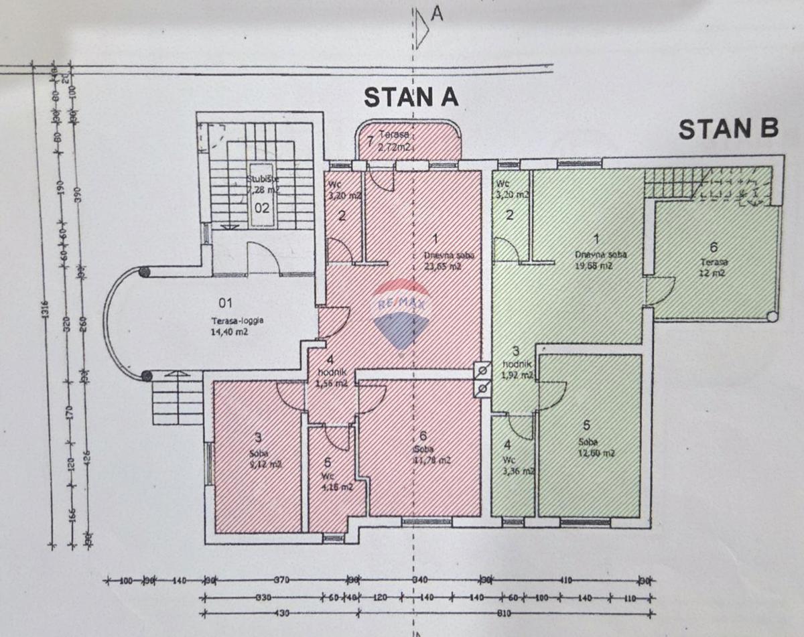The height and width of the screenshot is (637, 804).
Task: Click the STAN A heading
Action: click(411, 97)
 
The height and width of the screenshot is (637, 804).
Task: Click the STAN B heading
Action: click(728, 129)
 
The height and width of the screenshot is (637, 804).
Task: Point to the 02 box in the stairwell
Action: click(261, 207)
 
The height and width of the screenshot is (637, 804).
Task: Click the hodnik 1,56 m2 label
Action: click(331, 378)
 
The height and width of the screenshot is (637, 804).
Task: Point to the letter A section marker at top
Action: click(437, 13)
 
